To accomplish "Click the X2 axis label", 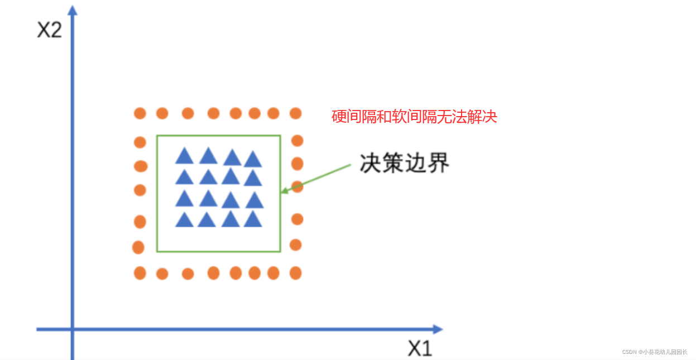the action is (x=49, y=30).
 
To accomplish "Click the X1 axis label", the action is (x=420, y=349).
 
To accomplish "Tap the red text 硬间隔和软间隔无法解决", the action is (x=414, y=117).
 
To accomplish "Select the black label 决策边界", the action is (x=405, y=163).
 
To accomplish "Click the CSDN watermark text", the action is (x=655, y=352).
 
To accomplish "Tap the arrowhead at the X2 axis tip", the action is (x=72, y=10).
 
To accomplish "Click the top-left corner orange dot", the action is (x=140, y=113).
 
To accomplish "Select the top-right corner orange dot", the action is (x=296, y=113).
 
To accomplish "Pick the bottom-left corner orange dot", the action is (x=140, y=273).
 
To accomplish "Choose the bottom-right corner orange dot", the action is (x=296, y=273).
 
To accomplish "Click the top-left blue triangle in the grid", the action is (x=184, y=156).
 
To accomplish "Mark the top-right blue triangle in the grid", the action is (x=253, y=160).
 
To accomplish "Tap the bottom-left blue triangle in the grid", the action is (x=184, y=220).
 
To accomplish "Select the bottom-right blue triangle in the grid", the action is (x=253, y=219).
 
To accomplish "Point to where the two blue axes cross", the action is (x=72, y=329).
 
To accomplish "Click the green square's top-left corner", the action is (x=157, y=136).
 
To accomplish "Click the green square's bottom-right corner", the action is (x=280, y=252).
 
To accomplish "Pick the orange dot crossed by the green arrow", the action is (x=297, y=186).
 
